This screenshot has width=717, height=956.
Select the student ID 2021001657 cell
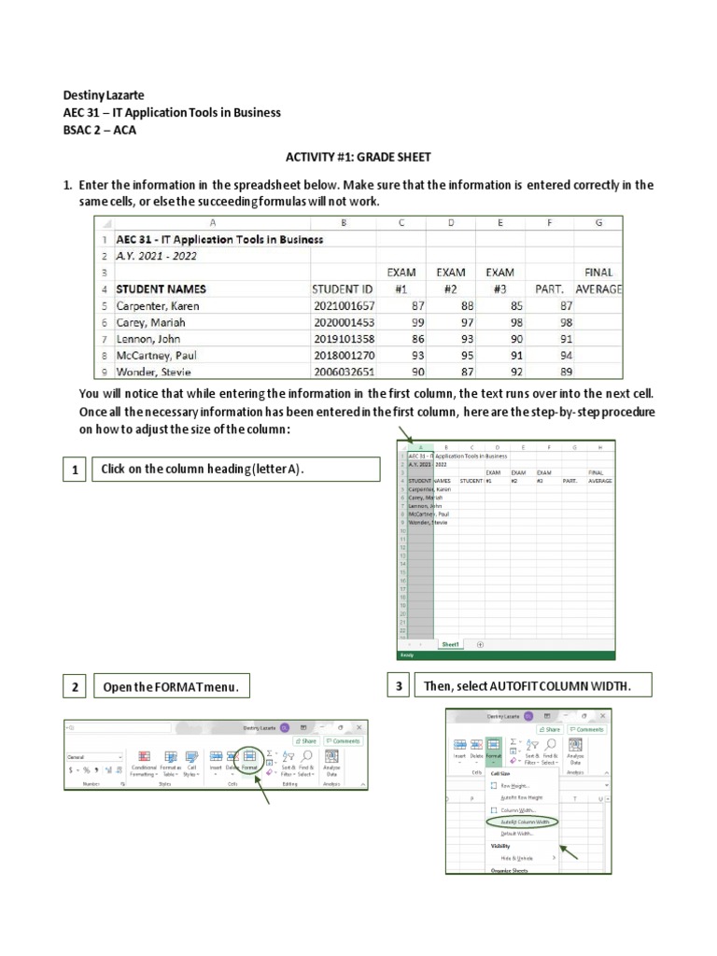coord(344,306)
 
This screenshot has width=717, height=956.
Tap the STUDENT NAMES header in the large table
coord(161,289)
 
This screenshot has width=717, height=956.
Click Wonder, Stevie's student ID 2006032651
coord(344,372)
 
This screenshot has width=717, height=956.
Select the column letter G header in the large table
coord(598,222)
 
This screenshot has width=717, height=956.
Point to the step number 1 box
coord(75,470)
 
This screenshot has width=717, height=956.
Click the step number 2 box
coord(75,687)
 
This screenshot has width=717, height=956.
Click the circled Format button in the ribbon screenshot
coord(249,760)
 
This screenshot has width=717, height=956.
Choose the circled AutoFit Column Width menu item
coord(520,822)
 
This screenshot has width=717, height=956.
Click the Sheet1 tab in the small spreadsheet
coord(451,644)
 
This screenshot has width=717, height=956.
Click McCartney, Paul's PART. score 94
coord(566,356)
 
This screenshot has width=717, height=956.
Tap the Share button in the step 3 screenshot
coord(549,729)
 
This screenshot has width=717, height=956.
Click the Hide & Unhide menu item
coord(514,857)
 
